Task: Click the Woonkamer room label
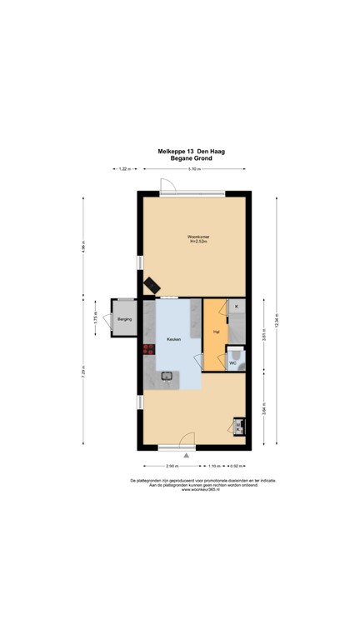[197, 238]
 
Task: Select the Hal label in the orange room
[215, 332]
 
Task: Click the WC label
[232, 363]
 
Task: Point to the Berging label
[123, 318]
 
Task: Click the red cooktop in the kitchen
[148, 350]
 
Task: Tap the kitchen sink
[167, 378]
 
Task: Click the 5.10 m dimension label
[193, 169]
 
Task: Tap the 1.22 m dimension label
[123, 169]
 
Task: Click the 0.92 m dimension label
[235, 465]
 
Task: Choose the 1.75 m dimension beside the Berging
[96, 318]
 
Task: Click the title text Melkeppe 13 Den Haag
[192, 151]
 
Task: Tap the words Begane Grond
[192, 158]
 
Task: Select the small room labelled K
[237, 307]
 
